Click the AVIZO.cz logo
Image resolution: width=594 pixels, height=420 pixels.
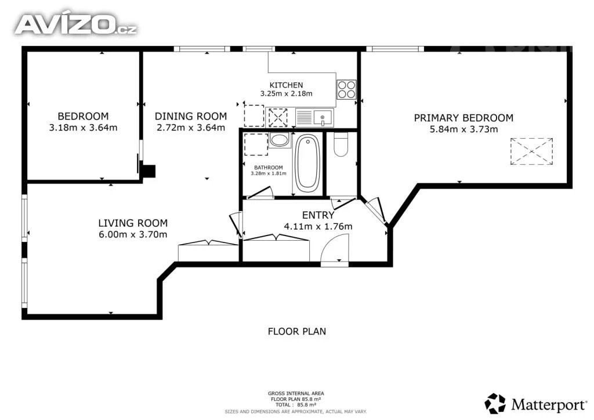76,24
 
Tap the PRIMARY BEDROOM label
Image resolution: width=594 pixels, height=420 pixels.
463,118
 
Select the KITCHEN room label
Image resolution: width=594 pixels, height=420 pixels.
286,85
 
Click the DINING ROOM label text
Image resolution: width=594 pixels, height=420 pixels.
190,116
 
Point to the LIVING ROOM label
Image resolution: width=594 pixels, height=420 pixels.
133,223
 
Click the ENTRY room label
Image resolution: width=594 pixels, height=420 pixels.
318,215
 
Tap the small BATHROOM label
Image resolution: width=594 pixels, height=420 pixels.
268,168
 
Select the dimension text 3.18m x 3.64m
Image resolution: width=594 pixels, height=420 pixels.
83,128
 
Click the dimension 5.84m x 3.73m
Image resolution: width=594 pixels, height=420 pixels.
463,129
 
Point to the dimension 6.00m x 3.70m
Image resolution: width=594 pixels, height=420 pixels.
133,234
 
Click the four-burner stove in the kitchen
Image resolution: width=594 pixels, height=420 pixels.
347,89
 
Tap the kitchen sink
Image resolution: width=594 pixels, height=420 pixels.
323,117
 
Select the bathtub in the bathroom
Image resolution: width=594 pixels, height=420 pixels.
307,163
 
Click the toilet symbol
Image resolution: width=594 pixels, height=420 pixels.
341,144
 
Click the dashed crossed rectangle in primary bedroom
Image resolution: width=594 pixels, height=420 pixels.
531,151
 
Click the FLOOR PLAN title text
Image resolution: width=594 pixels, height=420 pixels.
296,331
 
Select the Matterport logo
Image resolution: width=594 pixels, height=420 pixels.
535,404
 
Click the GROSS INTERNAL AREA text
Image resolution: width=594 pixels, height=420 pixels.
296,393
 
